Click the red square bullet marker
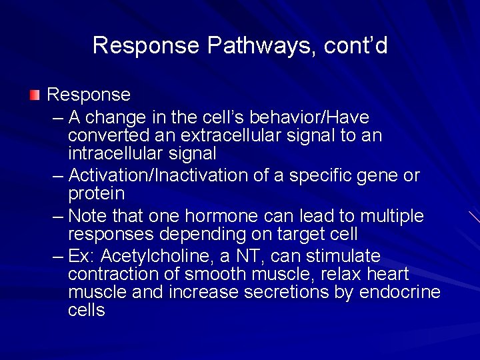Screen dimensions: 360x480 [x=35, y=95]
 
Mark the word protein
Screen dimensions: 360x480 [x=97, y=194]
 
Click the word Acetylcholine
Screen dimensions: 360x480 [x=155, y=257]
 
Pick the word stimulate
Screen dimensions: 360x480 [x=343, y=257]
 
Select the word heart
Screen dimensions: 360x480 [x=387, y=275]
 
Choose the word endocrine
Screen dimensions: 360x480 [x=400, y=293]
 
